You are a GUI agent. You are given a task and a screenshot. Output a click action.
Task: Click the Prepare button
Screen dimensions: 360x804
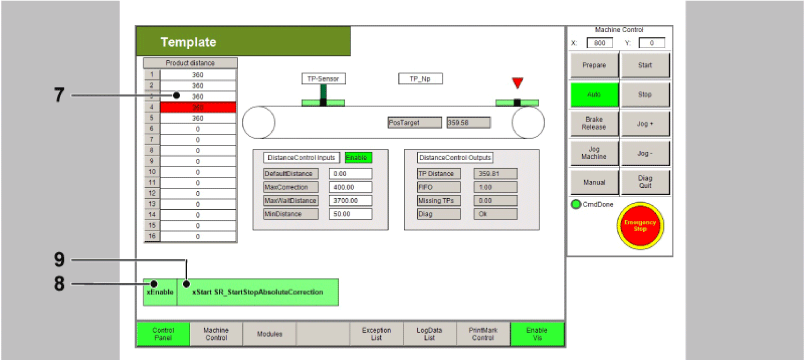594,65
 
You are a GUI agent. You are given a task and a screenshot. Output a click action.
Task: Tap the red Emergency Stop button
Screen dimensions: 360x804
640,226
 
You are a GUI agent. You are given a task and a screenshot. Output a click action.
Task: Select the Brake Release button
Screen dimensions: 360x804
594,123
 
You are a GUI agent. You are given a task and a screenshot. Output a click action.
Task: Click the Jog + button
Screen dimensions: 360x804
645,124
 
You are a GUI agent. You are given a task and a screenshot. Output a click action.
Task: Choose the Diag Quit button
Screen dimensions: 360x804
645,182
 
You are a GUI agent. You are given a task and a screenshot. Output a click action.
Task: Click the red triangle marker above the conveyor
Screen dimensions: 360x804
517,82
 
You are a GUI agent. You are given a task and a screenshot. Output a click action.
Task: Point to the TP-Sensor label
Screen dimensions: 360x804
323,79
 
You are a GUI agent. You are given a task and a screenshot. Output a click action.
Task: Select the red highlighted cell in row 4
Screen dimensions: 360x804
198,107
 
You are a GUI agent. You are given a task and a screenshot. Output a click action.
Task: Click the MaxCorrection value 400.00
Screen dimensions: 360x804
350,187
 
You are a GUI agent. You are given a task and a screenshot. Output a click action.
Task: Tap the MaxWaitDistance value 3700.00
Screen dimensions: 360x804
350,201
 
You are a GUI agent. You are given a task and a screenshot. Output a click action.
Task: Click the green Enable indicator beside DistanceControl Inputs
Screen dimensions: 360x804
358,158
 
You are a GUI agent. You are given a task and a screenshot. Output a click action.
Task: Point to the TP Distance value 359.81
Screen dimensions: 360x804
495,173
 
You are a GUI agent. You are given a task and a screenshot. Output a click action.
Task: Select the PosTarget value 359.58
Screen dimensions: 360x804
468,123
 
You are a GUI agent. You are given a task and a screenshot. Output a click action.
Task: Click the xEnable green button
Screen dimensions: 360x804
160,292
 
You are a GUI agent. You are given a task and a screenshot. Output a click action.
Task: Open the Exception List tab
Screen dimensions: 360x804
376,334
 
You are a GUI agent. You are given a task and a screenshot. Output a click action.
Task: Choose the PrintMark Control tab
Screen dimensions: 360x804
483,334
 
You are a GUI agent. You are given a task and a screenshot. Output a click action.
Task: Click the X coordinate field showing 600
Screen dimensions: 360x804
599,43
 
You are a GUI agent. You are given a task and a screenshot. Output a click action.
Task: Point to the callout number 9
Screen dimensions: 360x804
59,260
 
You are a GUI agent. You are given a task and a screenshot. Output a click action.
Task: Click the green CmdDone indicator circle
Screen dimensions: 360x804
576,204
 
